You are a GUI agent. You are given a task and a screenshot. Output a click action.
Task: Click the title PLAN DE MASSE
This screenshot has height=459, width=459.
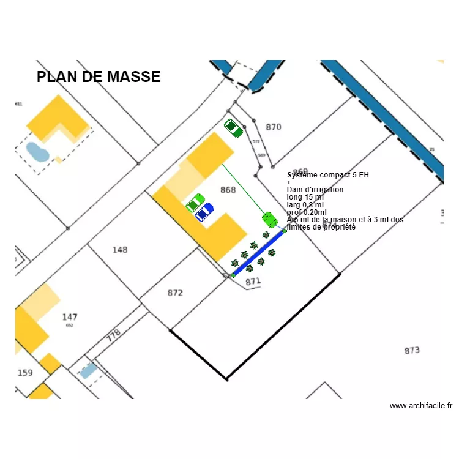[x=99, y=77]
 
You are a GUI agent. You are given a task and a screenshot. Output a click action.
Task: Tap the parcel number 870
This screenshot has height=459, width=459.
[x=273, y=127]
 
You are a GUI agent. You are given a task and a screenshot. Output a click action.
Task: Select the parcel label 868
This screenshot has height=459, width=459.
[x=228, y=190]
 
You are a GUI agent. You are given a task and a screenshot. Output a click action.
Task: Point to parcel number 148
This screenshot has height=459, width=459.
[x=120, y=250]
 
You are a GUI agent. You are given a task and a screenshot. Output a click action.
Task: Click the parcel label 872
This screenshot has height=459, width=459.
[x=175, y=293]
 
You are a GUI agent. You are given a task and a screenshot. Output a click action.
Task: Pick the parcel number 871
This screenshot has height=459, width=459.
[x=253, y=282]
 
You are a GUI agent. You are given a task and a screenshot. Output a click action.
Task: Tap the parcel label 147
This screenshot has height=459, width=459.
[x=70, y=317]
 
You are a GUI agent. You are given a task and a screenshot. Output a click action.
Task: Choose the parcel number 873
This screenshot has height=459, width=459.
[x=412, y=351]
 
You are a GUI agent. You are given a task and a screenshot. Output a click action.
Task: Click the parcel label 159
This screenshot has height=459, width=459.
[x=25, y=373]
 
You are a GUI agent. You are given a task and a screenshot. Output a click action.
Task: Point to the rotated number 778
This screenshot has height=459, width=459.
[x=113, y=336]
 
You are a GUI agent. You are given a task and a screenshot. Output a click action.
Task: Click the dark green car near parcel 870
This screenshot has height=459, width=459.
[x=233, y=128]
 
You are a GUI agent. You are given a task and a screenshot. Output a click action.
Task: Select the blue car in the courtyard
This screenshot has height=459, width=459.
[x=204, y=212]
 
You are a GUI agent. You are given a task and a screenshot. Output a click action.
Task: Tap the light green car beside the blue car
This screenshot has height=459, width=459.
[x=195, y=203]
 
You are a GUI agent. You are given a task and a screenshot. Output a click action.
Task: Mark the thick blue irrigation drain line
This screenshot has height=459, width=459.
[x=258, y=253]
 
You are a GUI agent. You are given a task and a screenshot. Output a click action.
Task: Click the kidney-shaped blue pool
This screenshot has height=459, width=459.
[x=37, y=151]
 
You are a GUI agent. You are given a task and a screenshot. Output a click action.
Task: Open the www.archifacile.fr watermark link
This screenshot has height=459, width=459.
[x=420, y=406]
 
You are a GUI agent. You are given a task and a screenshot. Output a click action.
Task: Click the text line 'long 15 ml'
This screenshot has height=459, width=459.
[x=305, y=197]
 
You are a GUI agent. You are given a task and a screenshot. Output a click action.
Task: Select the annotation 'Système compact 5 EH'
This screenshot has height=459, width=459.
[x=328, y=175]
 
